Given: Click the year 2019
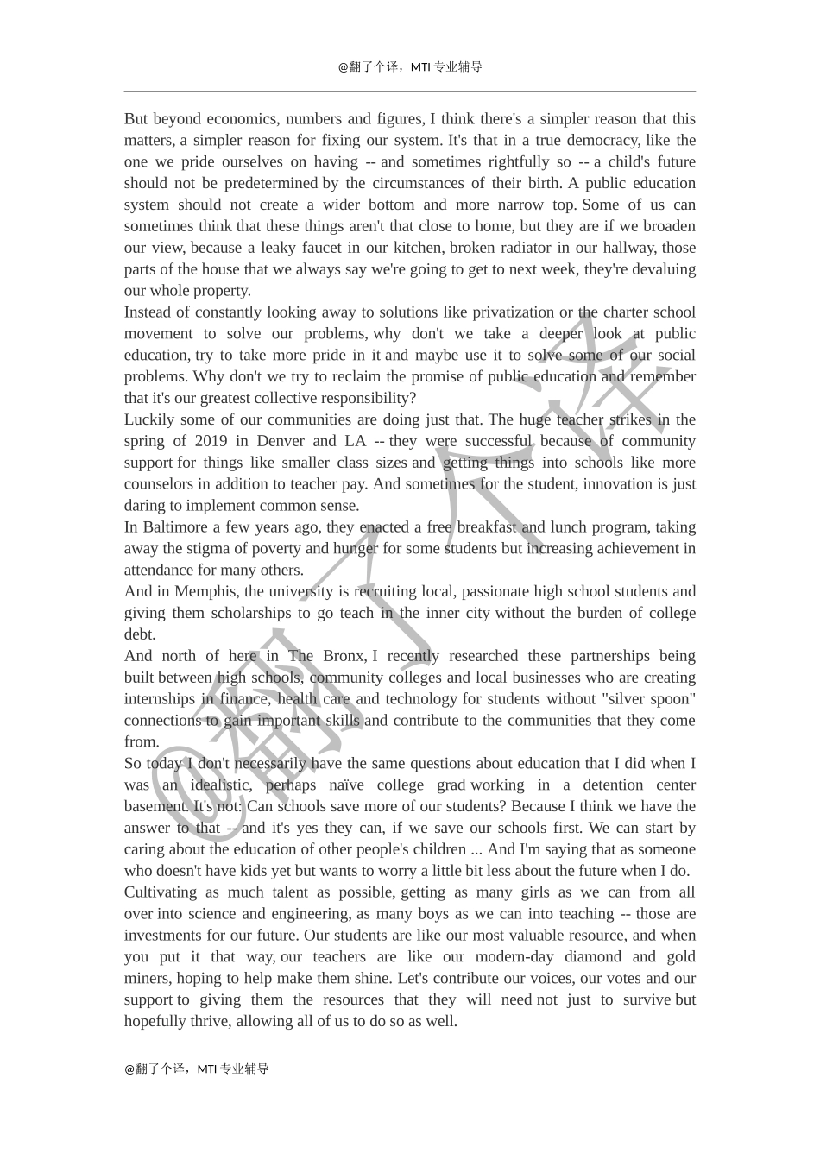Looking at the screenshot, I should pyautogui.click(x=211, y=441).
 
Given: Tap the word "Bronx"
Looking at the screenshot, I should pyautogui.click(x=344, y=656).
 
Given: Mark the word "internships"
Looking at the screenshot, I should pyautogui.click(x=161, y=699).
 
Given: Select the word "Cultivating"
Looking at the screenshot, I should pyautogui.click(x=161, y=892).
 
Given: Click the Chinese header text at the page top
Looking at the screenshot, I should pyautogui.click(x=410, y=66).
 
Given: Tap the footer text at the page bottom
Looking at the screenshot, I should pyautogui.click(x=197, y=1069).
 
